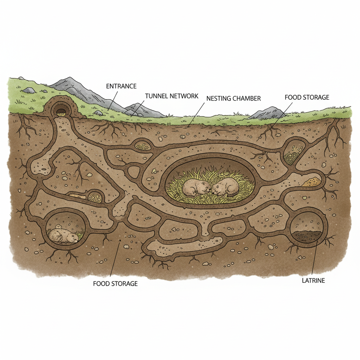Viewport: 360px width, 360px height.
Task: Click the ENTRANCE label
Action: (x=121, y=86)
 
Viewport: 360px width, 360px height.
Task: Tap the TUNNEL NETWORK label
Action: (x=172, y=96)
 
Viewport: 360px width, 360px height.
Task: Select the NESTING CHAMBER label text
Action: (x=233, y=98)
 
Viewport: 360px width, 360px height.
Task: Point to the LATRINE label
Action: (x=313, y=281)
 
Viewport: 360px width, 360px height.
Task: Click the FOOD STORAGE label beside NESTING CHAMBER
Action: (x=307, y=97)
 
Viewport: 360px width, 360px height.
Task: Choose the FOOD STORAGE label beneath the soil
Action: (x=115, y=284)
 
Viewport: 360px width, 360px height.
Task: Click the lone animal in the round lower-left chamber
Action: (x=64, y=236)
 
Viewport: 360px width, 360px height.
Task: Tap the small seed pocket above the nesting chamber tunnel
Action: (x=143, y=146)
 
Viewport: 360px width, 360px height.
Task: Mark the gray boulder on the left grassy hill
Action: (x=29, y=90)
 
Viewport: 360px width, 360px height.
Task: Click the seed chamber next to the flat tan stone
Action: (x=95, y=197)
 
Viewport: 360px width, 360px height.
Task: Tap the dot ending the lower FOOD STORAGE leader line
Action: (x=120, y=240)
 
